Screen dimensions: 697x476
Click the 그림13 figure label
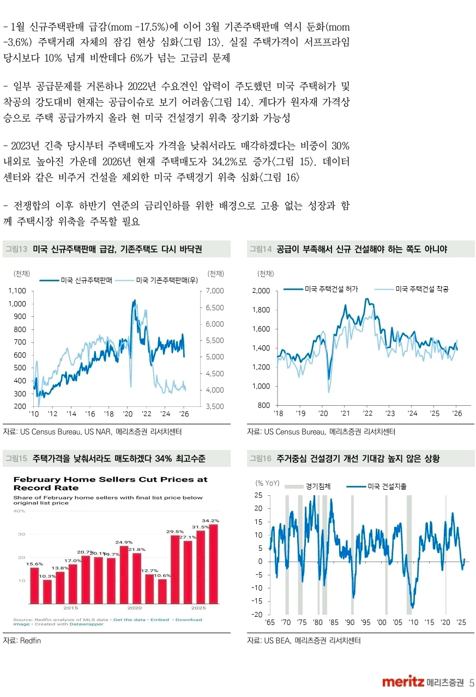click(16, 249)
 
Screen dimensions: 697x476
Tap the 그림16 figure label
click(260, 459)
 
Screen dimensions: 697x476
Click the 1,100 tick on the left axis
click(17, 291)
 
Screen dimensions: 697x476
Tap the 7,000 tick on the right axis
click(215, 291)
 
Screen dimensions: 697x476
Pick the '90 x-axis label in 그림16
click(350, 622)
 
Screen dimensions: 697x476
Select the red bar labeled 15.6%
click(34, 585)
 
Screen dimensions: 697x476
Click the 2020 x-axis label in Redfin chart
click(134, 607)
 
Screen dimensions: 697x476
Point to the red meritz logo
click(403, 682)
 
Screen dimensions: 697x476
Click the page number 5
click(472, 682)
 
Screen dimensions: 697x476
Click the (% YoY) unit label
click(267, 483)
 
